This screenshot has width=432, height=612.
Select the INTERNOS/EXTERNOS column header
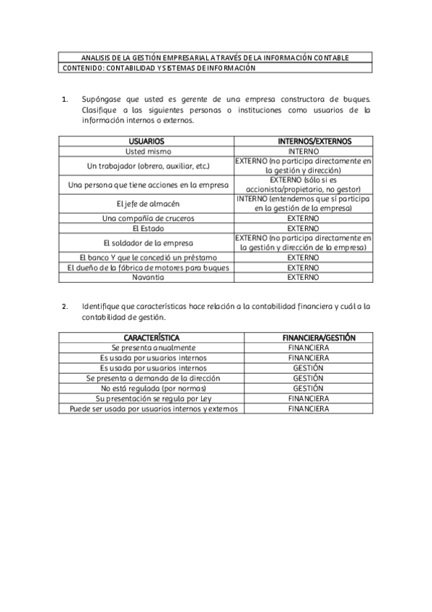(303, 141)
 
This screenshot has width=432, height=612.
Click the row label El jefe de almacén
(147, 203)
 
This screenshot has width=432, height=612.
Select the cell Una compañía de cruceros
(147, 218)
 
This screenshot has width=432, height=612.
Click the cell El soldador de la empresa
(147, 243)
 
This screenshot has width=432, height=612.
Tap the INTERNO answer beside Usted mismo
(303, 152)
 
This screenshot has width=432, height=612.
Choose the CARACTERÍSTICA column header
(151, 338)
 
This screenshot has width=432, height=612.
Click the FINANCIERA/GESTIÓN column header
(308, 338)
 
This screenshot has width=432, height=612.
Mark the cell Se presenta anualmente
(151, 348)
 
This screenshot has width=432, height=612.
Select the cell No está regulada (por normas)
(151, 388)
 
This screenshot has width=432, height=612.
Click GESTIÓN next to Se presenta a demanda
(308, 377)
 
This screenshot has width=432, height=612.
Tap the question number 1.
(66, 100)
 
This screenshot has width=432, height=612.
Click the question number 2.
(66, 306)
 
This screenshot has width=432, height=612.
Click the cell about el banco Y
(147, 257)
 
